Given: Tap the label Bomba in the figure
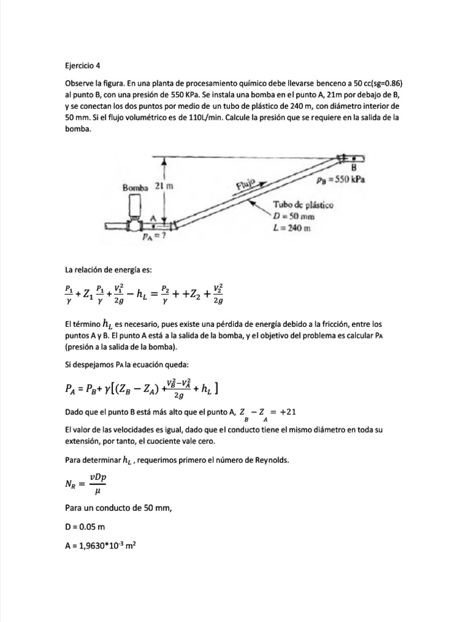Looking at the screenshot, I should (x=135, y=187).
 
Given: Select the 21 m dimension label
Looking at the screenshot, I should (x=164, y=186).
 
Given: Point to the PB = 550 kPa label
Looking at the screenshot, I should (x=343, y=180).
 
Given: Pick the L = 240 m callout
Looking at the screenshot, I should (x=292, y=228).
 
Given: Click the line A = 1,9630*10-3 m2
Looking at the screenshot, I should (x=100, y=545).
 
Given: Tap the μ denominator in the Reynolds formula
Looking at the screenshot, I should (x=98, y=494).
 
